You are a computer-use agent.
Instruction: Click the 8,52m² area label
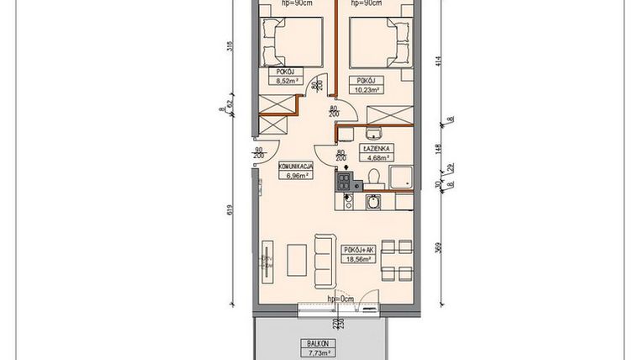tap(281, 82)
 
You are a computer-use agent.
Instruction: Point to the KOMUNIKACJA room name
tap(295, 167)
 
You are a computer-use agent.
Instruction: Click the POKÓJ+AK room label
tap(359, 250)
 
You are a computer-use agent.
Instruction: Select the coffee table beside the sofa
tap(297, 260)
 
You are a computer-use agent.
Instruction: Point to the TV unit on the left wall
tap(267, 260)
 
